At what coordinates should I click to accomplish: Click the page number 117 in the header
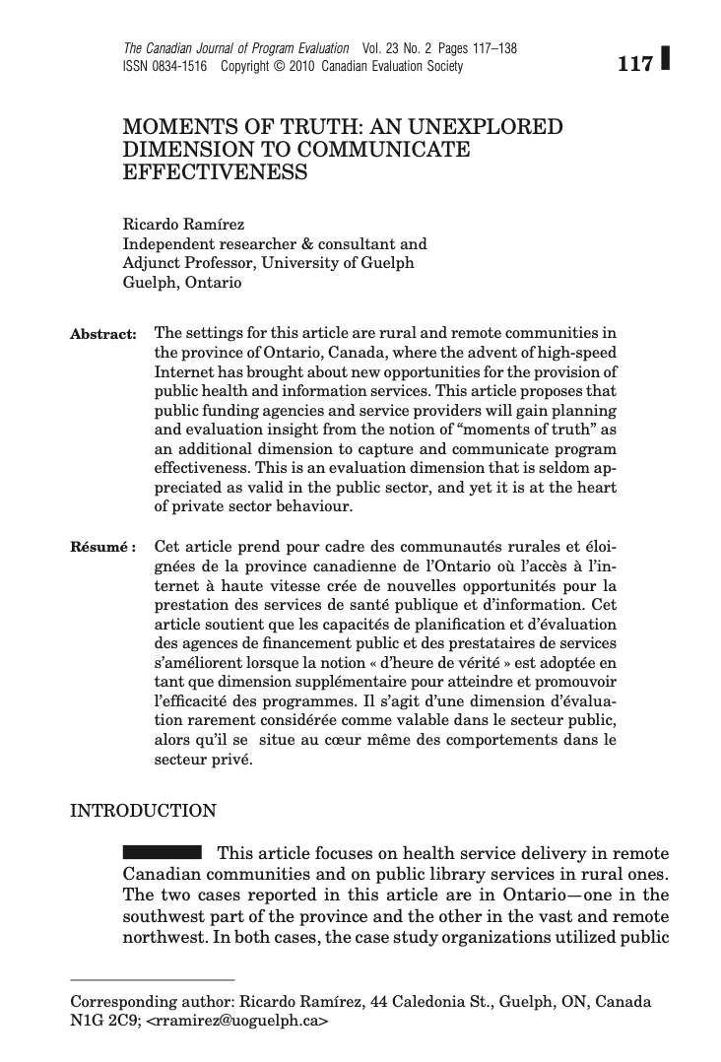[635, 65]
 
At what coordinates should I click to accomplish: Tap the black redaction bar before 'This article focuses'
[162, 851]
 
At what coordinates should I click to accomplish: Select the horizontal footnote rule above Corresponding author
[153, 980]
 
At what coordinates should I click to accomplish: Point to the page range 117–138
[489, 48]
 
